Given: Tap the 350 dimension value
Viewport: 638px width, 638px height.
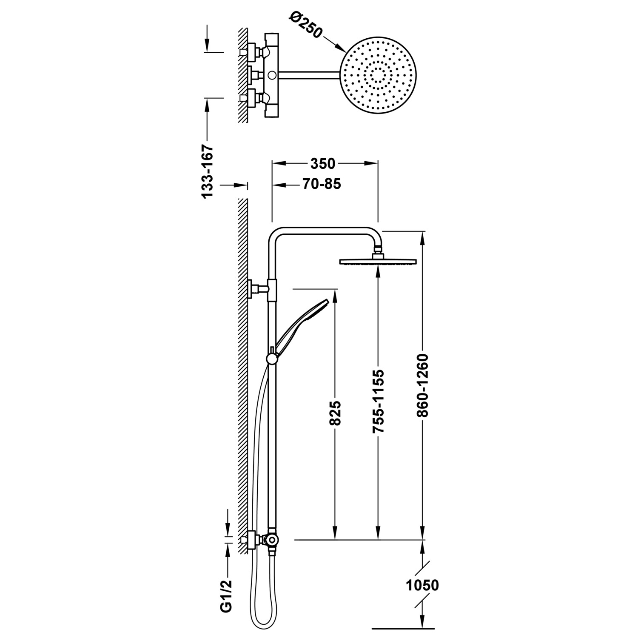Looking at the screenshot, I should pyautogui.click(x=323, y=164).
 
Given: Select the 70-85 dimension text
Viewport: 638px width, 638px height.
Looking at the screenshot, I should pyautogui.click(x=322, y=184).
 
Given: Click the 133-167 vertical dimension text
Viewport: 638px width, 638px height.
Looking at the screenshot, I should pyautogui.click(x=207, y=171).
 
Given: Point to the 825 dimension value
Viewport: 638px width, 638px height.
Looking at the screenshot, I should pyautogui.click(x=336, y=413).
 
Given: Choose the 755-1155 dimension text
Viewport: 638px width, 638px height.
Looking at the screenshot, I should pyautogui.click(x=378, y=402).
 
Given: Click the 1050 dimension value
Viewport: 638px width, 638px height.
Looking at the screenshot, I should pyautogui.click(x=422, y=586).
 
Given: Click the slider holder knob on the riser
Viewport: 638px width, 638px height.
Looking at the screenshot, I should pyautogui.click(x=271, y=359).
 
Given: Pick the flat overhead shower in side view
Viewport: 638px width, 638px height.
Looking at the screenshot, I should pyautogui.click(x=378, y=262).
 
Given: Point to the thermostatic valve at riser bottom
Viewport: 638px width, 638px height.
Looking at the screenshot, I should pyautogui.click(x=270, y=540).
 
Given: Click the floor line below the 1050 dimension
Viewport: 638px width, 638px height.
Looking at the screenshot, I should pyautogui.click(x=403, y=628).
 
